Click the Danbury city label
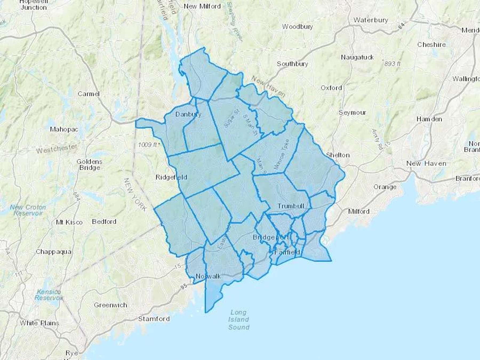188,114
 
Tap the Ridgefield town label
171,177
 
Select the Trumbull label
291,206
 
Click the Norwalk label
208,276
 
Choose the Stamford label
154,319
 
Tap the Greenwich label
110,305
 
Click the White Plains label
39,323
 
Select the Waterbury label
371,20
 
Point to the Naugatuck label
357,57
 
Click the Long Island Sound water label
239,320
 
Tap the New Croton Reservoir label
28,210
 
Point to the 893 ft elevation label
392,64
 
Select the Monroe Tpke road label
282,154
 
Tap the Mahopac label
64,130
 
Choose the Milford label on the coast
359,211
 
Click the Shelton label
338,155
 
